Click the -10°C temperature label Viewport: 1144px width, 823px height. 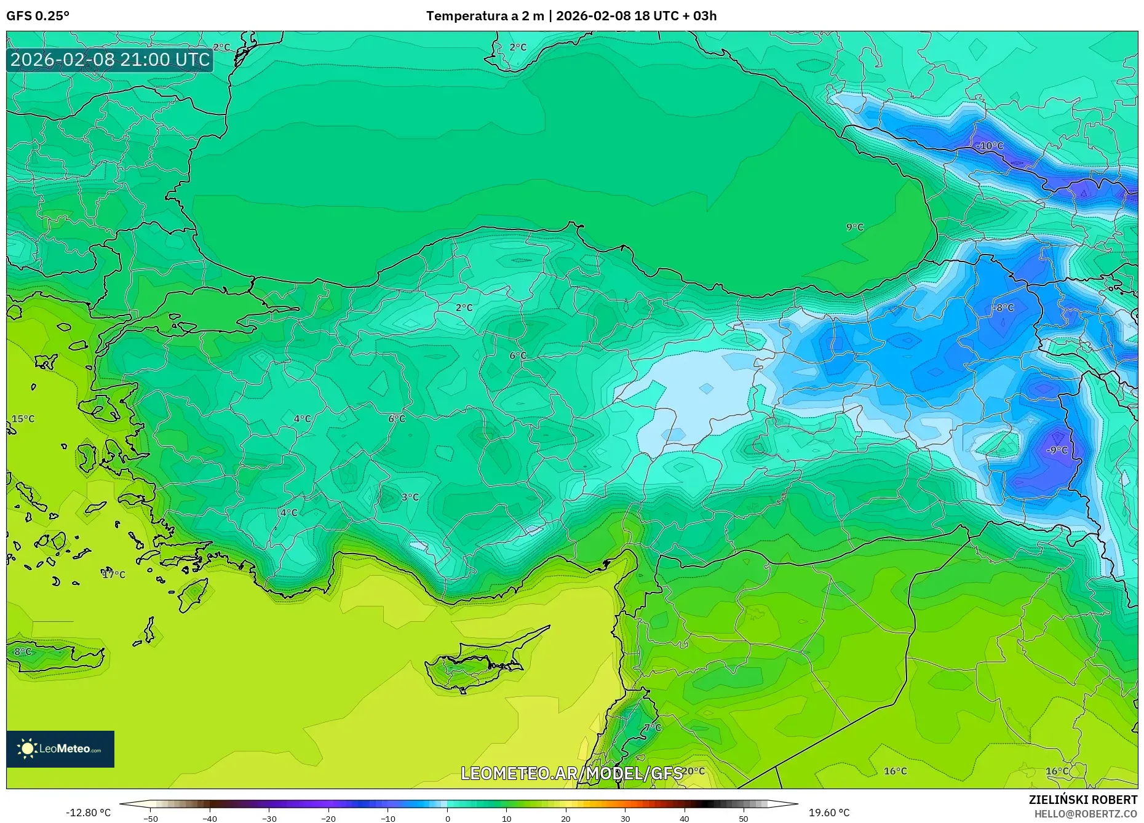click(x=990, y=146)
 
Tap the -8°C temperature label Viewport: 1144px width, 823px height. click(x=1003, y=308)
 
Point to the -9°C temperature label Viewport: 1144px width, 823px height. click(x=1057, y=450)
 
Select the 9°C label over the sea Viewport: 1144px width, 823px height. click(x=855, y=227)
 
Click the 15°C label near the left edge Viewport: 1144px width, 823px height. click(x=23, y=419)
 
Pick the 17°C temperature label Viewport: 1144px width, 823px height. click(x=114, y=575)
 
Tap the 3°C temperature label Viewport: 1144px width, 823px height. click(x=410, y=497)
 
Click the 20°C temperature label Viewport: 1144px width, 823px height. click(x=693, y=771)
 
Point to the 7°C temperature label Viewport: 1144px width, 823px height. click(x=653, y=728)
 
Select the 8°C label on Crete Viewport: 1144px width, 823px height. click(x=23, y=651)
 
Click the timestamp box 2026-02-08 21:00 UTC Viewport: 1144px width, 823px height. click(x=110, y=60)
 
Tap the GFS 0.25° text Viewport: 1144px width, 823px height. click(x=38, y=16)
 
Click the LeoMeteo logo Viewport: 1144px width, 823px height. click(x=60, y=749)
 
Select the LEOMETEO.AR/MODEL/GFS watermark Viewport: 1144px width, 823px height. click(x=571, y=773)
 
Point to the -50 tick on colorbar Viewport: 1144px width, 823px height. click(x=151, y=819)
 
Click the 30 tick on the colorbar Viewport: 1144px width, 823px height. click(x=625, y=819)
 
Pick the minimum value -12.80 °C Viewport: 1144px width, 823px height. click(x=89, y=813)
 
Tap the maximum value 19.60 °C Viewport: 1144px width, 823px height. click(x=828, y=813)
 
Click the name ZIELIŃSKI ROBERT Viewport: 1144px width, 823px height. click(x=1082, y=800)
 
